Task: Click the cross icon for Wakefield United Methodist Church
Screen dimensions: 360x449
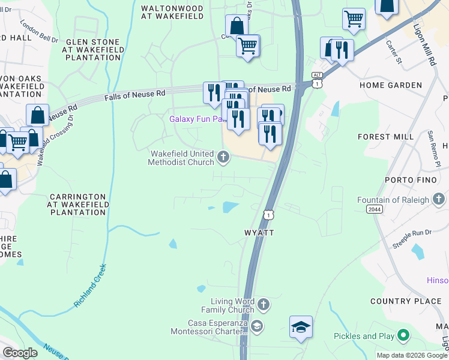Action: (x=223, y=158)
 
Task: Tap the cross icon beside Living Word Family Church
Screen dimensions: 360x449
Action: (x=263, y=305)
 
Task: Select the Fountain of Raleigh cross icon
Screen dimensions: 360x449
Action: (x=439, y=199)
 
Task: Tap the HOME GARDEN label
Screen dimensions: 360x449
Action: (x=391, y=85)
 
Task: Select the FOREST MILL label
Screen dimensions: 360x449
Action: (x=385, y=137)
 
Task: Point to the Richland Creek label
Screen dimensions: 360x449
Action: (x=90, y=286)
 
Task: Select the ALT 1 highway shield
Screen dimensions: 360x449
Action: (x=317, y=79)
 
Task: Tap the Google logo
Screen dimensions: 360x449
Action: (x=20, y=353)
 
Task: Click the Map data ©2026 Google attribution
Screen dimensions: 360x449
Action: (x=411, y=355)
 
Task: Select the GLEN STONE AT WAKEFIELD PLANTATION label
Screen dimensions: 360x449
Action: (x=93, y=50)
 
